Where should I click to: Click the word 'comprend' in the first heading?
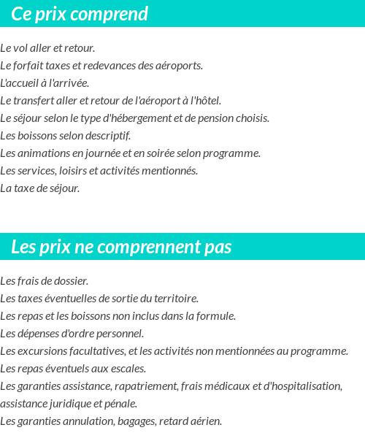[115, 14]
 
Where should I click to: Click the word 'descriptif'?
[107, 136]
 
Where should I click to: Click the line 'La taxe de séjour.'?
[40, 188]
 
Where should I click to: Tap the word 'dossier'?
[70, 281]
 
